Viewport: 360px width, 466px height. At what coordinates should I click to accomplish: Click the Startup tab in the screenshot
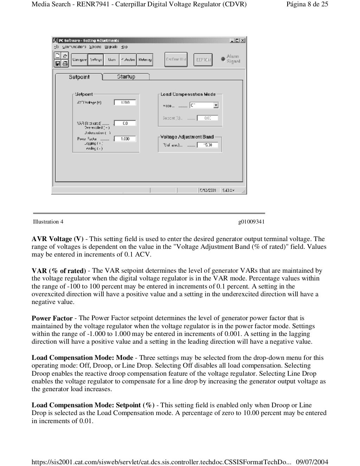click(126, 77)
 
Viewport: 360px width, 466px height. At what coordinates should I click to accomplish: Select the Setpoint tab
click(79, 77)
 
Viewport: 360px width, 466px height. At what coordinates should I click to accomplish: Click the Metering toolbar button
click(144, 60)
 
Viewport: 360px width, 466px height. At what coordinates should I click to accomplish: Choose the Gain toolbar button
click(112, 60)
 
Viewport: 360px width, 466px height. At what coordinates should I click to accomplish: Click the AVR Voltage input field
click(125, 103)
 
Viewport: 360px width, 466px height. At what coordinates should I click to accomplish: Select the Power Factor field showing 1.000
click(125, 139)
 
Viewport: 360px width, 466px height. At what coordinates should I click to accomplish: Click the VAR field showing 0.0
click(125, 123)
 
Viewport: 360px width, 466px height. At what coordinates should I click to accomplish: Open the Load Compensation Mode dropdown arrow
click(216, 105)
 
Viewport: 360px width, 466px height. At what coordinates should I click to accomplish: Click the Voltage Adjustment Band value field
click(207, 145)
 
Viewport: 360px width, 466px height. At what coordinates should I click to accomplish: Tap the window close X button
click(243, 40)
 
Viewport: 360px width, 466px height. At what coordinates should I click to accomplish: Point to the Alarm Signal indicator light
click(223, 59)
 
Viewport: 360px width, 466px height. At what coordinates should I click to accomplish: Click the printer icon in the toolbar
click(65, 64)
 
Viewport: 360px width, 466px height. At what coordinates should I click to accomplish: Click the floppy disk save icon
click(58, 64)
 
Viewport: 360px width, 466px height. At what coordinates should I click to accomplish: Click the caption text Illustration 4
click(48, 222)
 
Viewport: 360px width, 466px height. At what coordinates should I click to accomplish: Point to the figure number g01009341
click(251, 222)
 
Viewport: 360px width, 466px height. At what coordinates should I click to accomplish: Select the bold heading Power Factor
click(52, 318)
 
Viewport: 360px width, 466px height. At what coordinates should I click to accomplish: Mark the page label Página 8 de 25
click(307, 4)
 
